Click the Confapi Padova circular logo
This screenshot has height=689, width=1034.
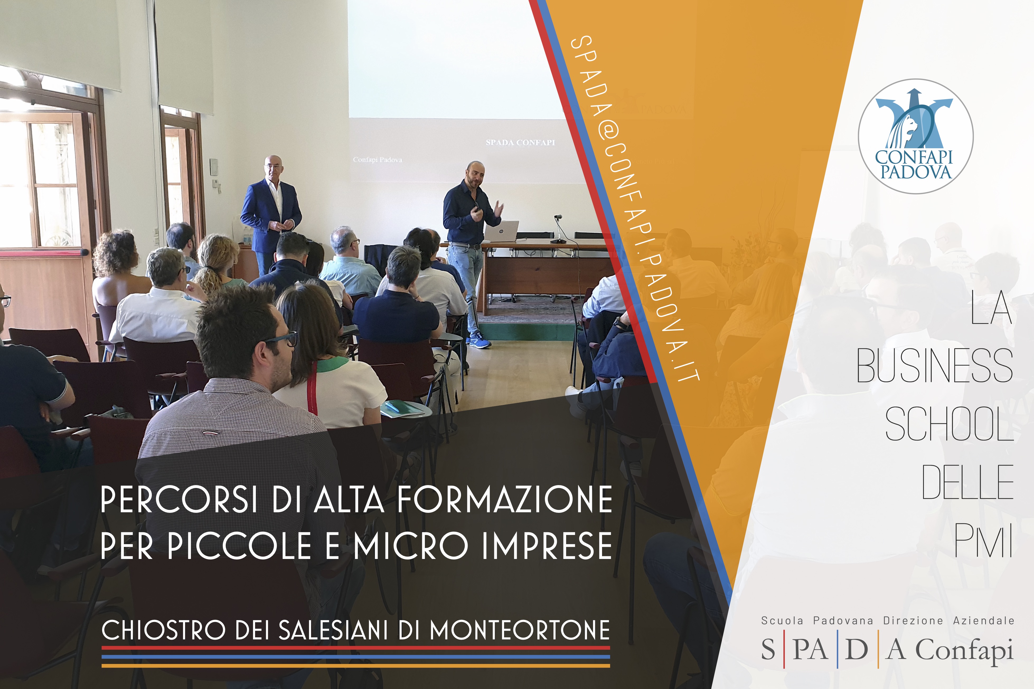[916, 136]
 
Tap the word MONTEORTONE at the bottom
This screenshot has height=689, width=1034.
[520, 630]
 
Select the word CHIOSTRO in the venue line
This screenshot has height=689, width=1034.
[164, 630]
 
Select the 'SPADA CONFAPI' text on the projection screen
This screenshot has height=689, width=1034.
[520, 142]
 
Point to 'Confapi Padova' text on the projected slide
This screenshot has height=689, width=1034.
[377, 160]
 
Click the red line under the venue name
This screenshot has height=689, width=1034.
[356, 648]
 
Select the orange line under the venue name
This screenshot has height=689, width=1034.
[356, 666]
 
